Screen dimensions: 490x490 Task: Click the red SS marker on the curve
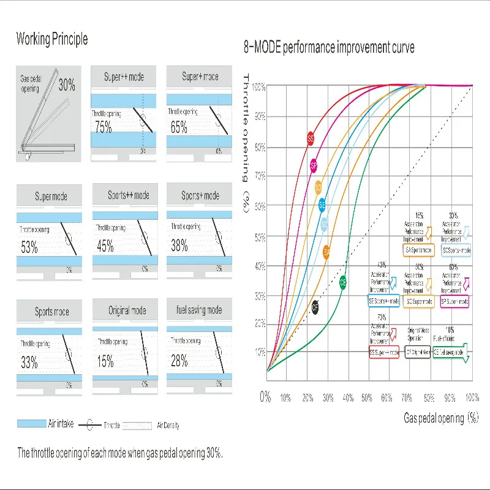click(311, 139)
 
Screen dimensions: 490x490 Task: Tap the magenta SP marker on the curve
click(314, 165)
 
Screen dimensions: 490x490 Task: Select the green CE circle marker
click(343, 282)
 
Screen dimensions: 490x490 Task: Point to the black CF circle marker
click(315, 307)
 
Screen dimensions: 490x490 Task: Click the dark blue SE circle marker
click(322, 205)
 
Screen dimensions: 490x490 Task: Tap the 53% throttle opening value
click(29, 247)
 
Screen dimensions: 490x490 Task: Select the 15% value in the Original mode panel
click(105, 361)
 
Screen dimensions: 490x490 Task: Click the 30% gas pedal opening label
click(67, 85)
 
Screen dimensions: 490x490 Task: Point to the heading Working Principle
click(52, 40)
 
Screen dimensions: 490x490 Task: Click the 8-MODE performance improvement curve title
click(330, 47)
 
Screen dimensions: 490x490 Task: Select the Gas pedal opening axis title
click(440, 418)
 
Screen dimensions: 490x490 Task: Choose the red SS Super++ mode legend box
click(385, 352)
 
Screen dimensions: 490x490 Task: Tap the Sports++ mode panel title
click(129, 195)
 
